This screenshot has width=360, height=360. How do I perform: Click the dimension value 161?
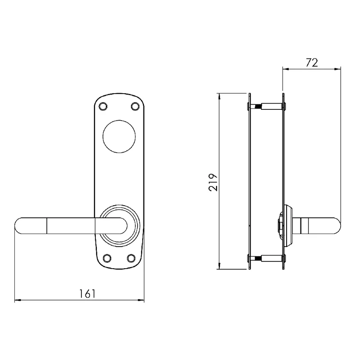pyautogui.click(x=87, y=294)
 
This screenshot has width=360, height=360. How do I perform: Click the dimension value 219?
pyautogui.click(x=213, y=182)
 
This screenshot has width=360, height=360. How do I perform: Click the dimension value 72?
pyautogui.click(x=312, y=63)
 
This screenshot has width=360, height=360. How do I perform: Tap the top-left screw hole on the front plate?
pyautogui.click(x=103, y=106)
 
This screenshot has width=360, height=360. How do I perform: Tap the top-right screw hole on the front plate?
pyautogui.click(x=135, y=106)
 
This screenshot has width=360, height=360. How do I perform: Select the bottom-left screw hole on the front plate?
pyautogui.click(x=107, y=258)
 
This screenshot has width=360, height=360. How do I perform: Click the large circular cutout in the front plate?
pyautogui.click(x=119, y=137)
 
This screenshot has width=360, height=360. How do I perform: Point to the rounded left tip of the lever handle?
pyautogui.click(x=15, y=226)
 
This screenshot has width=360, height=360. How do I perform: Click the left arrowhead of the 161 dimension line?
pyautogui.click(x=18, y=300)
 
